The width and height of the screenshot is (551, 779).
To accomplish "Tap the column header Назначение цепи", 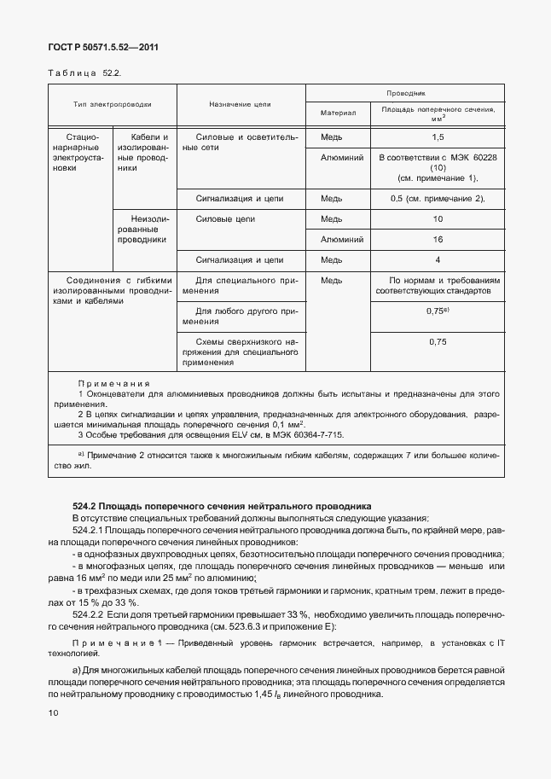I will click(x=240, y=104).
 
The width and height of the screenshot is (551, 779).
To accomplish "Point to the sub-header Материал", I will click(x=337, y=113).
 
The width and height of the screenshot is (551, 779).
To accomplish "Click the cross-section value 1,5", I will click(x=438, y=137).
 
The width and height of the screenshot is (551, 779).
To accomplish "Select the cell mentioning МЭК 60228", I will click(x=438, y=167).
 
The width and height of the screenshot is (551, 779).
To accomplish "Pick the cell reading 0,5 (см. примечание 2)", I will click(x=438, y=199).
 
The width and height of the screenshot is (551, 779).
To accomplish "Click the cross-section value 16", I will click(x=438, y=240).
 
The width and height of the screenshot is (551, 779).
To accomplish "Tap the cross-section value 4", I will click(x=438, y=259).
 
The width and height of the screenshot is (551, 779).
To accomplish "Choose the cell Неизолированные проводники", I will click(x=143, y=230).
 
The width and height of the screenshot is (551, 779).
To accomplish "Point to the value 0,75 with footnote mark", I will click(x=438, y=311).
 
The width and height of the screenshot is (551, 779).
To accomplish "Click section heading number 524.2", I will click(x=87, y=507).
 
